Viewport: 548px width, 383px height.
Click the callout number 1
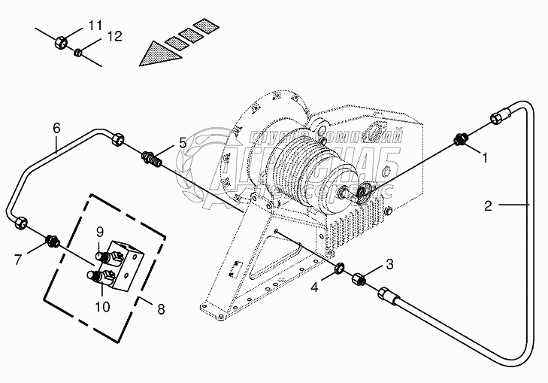[485, 160]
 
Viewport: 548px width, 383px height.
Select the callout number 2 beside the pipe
[488, 204]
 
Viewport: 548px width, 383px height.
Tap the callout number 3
[389, 263]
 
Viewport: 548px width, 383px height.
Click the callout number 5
[182, 142]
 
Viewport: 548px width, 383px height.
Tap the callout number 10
[102, 306]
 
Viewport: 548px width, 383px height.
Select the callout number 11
[94, 26]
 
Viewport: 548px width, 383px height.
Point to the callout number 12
[114, 36]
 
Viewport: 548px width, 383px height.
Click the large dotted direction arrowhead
[154, 54]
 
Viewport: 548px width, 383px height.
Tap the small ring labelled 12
[77, 53]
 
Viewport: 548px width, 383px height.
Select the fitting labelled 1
[462, 140]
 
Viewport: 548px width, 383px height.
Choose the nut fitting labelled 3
[359, 279]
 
